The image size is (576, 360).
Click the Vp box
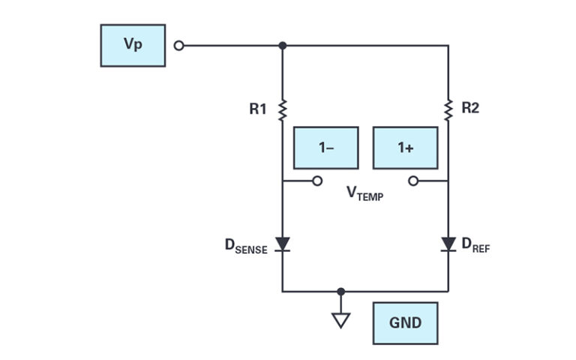[133, 45]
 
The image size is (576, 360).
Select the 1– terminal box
[325, 148]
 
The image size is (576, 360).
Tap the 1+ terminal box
[405, 148]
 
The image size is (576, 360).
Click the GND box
[405, 323]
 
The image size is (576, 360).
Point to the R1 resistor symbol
[283, 110]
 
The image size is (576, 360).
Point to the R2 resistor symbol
[448, 110]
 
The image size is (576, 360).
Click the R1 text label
[258, 109]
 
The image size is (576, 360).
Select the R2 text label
[470, 109]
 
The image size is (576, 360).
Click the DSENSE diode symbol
[283, 244]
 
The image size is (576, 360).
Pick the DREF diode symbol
[448, 244]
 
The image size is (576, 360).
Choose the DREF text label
[475, 246]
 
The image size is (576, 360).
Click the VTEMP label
[364, 193]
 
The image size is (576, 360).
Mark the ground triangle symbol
[341, 320]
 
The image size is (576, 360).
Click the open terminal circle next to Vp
[178, 46]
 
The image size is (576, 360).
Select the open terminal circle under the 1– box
[317, 181]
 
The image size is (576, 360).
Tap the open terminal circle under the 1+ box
[413, 181]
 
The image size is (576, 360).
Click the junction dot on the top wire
[283, 46]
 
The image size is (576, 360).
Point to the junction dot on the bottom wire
[341, 291]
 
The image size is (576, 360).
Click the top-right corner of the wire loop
[448, 46]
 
